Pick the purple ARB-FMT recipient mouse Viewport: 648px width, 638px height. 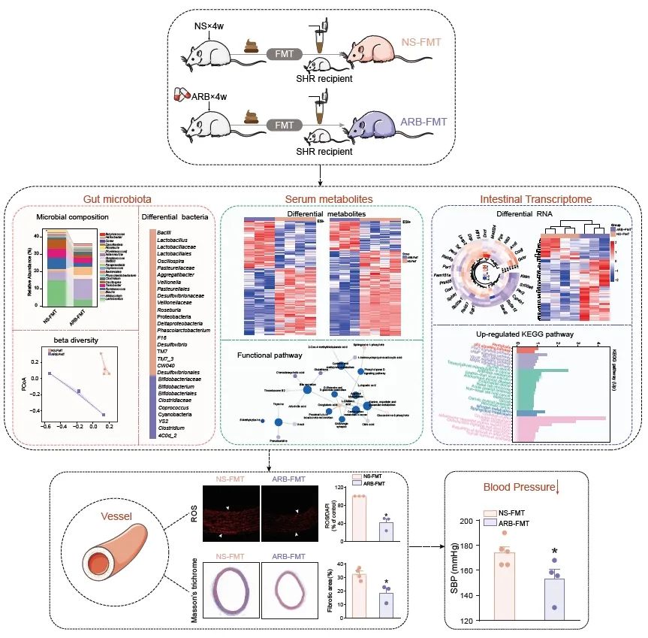(x=375, y=123)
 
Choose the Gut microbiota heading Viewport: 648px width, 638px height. (x=112, y=199)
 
